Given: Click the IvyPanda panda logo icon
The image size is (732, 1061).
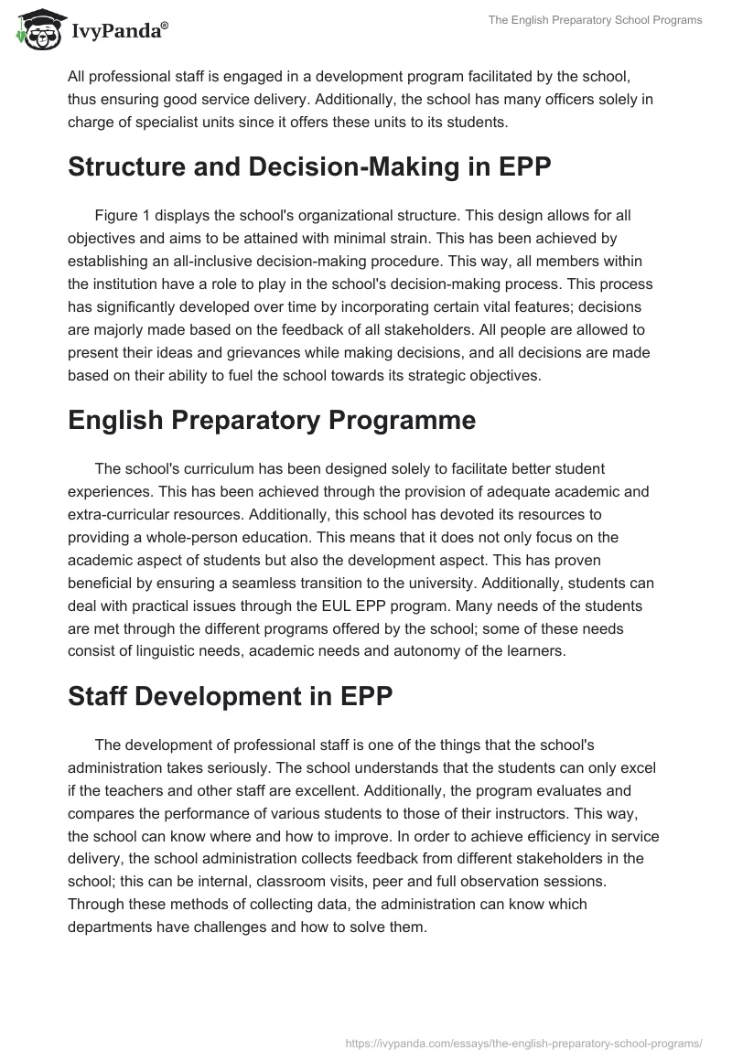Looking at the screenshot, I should coord(37,27).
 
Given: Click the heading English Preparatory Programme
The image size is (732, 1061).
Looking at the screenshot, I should coord(272,420).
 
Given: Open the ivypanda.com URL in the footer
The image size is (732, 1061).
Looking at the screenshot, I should coord(524,1042).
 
